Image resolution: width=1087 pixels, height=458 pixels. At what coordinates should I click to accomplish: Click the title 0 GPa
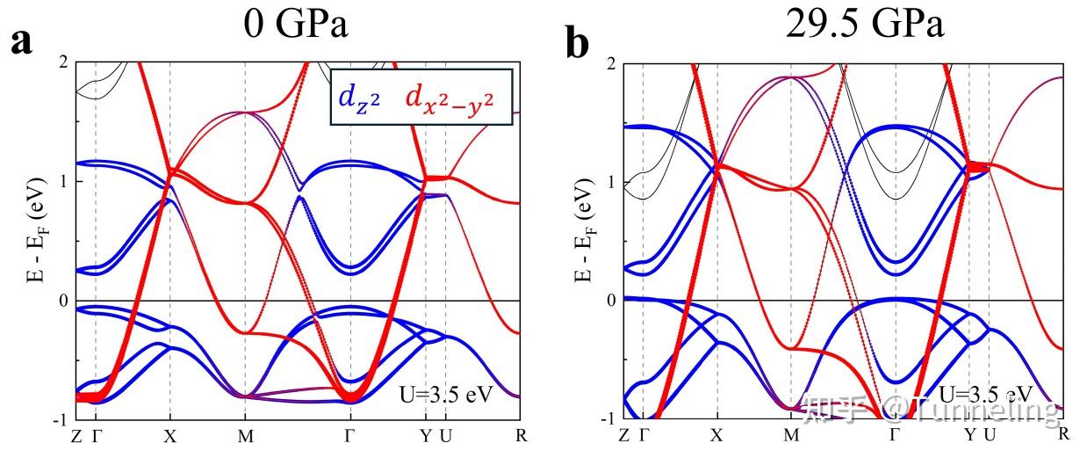click(x=296, y=24)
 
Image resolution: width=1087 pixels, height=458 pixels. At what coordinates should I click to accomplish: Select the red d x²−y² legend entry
click(x=457, y=98)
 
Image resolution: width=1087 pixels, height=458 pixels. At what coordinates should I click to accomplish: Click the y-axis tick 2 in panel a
click(x=63, y=62)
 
